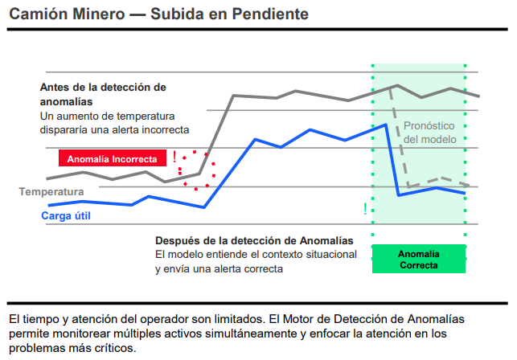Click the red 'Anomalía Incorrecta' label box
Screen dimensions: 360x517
click(112, 159)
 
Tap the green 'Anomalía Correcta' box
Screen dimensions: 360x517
click(418, 259)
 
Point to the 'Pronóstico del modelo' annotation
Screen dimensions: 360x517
click(429, 133)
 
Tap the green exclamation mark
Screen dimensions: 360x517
click(365, 209)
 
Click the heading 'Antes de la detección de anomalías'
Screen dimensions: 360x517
click(102, 94)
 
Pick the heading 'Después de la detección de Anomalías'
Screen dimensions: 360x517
click(253, 240)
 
